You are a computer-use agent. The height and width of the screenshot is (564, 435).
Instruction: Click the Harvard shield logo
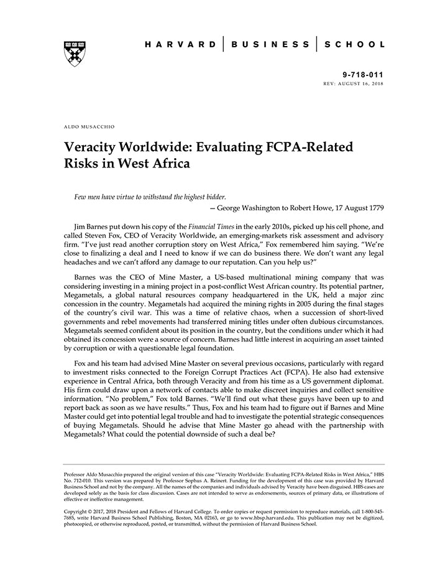pos(74,53)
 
